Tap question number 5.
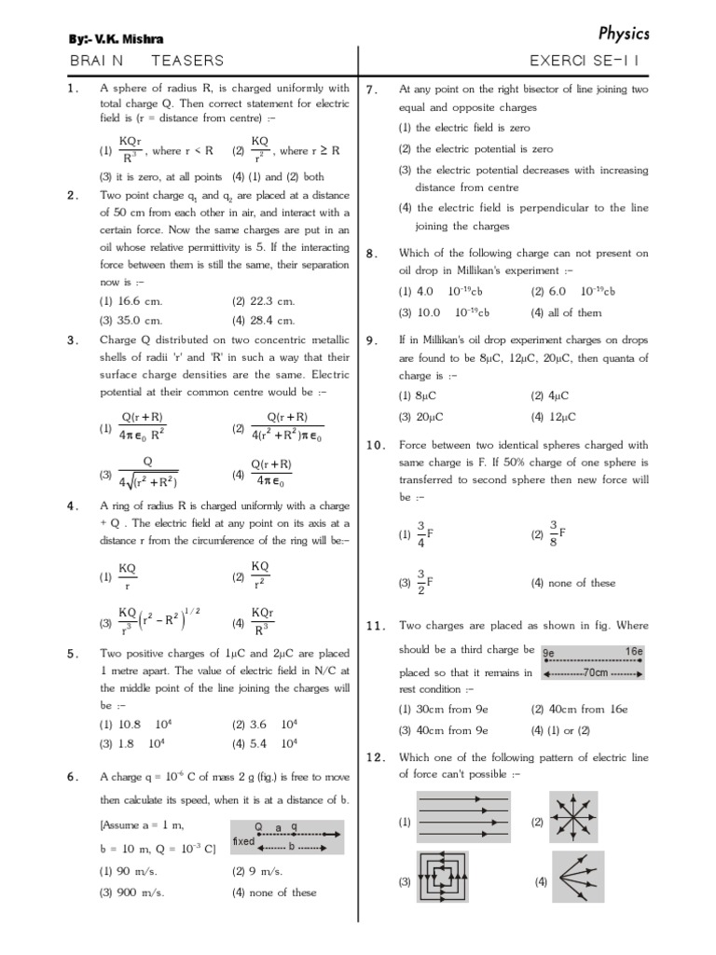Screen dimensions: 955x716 [72, 654]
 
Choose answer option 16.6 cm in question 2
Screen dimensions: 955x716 [132, 301]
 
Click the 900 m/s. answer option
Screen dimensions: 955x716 [132, 892]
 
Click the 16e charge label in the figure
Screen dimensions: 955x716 [632, 653]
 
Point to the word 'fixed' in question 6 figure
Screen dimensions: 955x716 [244, 840]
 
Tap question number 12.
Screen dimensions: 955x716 [376, 757]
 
